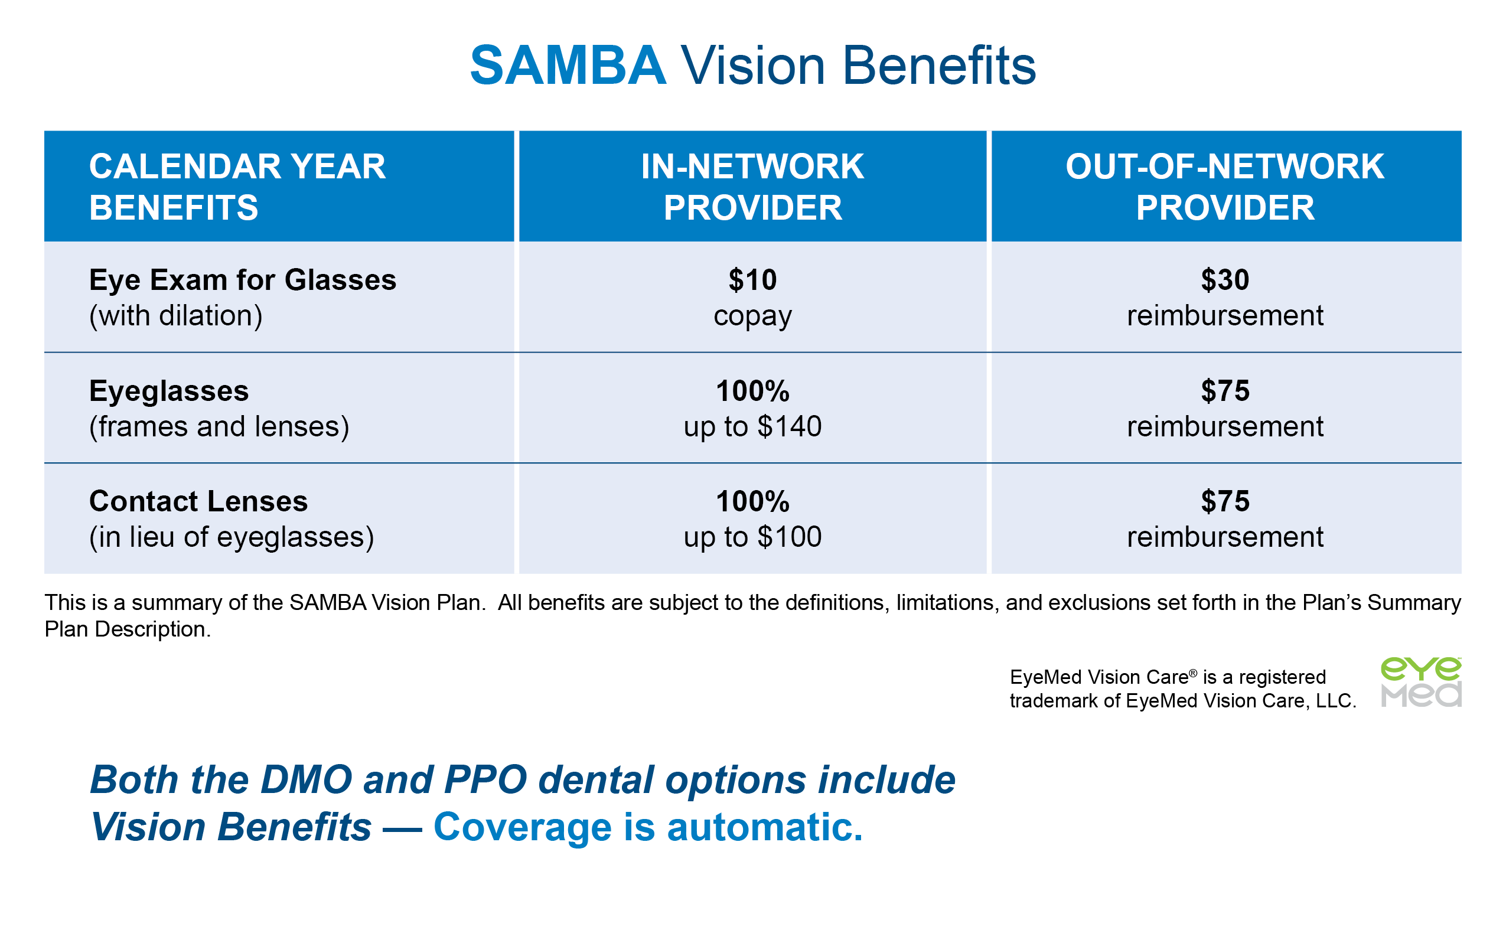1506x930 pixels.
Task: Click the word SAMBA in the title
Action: [568, 65]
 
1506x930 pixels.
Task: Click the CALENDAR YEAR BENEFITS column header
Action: [237, 187]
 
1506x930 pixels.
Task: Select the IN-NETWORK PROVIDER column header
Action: [752, 187]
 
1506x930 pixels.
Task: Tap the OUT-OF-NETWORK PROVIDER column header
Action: [1225, 187]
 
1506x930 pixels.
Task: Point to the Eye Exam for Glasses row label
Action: [242, 280]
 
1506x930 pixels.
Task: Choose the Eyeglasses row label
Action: [168, 390]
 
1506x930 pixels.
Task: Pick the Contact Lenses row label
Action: [198, 501]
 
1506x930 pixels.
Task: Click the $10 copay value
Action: [752, 298]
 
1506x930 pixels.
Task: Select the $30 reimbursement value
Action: [1225, 298]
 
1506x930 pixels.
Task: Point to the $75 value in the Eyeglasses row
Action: [1225, 390]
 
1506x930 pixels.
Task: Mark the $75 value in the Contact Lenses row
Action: [1225, 501]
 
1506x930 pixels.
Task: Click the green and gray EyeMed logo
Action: [1420, 682]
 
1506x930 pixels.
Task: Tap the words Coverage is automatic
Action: [648, 827]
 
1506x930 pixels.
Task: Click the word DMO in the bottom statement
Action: [306, 780]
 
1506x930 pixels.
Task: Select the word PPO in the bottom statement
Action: [485, 780]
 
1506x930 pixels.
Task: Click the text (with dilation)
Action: [176, 316]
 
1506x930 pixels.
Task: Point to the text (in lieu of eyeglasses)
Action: [232, 537]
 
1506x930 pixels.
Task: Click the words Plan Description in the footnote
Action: [128, 629]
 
